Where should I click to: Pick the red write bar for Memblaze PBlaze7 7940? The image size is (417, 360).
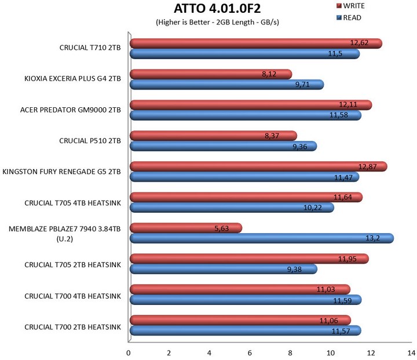click(x=185, y=228)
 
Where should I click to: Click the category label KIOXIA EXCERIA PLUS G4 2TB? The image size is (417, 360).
click(x=73, y=79)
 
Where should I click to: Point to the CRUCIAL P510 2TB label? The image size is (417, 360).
click(x=90, y=140)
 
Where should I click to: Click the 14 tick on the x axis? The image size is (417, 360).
click(x=410, y=352)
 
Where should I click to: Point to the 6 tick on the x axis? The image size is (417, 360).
click(x=249, y=352)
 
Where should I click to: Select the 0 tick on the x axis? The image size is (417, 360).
click(x=129, y=352)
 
